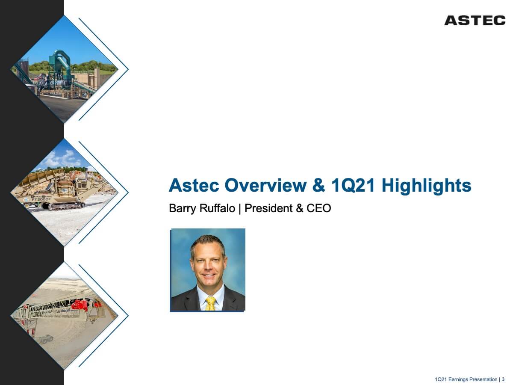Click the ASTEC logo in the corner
click(475, 21)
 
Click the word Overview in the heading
click(265, 185)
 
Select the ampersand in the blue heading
click(318, 185)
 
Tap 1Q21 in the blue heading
click(353, 185)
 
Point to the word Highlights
click(426, 186)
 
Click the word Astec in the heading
click(194, 185)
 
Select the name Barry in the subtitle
click(182, 208)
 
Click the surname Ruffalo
click(217, 208)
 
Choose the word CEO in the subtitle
click(319, 208)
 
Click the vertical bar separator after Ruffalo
click(240, 208)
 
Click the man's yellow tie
click(210, 303)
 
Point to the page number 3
click(503, 379)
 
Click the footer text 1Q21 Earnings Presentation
click(466, 379)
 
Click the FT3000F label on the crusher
click(41, 199)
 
